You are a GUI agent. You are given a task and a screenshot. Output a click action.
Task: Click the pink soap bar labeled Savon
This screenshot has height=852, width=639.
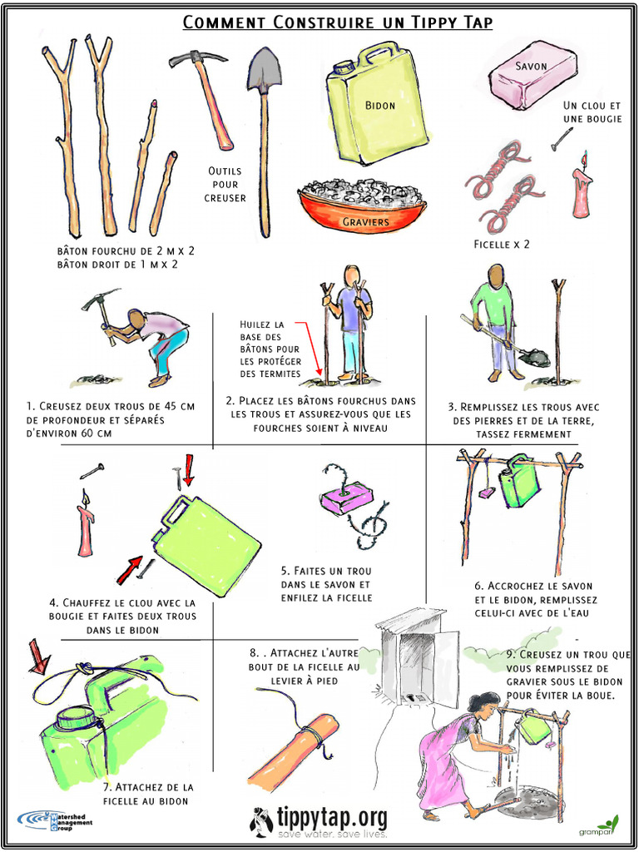[x=532, y=75]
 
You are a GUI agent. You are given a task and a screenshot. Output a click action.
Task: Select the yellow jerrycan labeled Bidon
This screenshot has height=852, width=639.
[x=376, y=104]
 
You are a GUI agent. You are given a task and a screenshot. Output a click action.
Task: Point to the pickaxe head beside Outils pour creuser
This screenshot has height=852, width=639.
[x=196, y=59]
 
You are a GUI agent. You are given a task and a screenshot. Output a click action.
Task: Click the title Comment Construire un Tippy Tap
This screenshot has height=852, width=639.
[x=337, y=22]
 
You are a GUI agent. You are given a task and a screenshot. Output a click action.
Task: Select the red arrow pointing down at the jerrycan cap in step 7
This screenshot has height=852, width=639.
[x=38, y=656]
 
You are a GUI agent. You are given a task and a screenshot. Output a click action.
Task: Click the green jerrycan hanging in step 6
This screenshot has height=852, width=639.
[x=519, y=482]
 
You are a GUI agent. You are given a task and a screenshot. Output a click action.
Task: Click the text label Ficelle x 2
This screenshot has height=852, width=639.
[x=502, y=245]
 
